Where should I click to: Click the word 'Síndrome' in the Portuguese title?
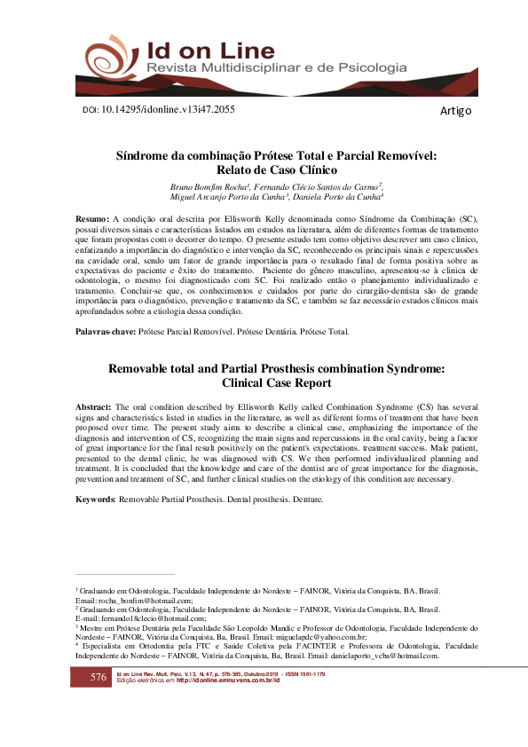[x=147, y=155]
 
